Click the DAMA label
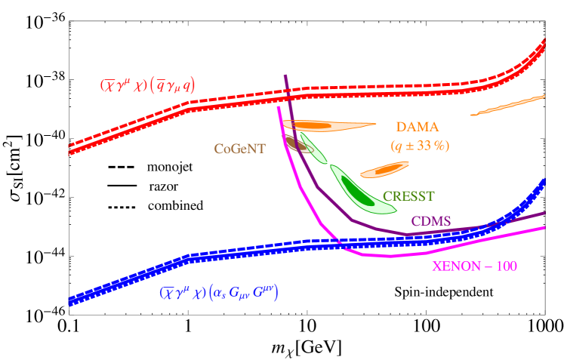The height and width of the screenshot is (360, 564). click(x=416, y=127)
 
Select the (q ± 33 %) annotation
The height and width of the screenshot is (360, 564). click(x=419, y=145)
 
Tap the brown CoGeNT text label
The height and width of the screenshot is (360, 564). click(x=239, y=149)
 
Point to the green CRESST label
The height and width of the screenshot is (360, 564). click(x=408, y=196)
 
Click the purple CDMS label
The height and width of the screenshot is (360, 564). click(x=431, y=221)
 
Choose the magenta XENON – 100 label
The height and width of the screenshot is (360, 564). click(x=474, y=266)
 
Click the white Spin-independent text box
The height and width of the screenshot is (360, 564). click(x=444, y=291)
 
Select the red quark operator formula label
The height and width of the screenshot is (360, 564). click(x=147, y=85)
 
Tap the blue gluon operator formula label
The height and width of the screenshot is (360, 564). click(x=218, y=293)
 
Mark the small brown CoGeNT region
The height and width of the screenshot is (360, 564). click(x=297, y=143)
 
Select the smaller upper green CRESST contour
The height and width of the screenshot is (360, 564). click(x=312, y=148)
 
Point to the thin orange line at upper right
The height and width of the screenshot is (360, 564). click(x=507, y=105)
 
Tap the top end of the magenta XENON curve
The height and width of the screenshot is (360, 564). click(x=278, y=107)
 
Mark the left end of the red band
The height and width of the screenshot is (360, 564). click(x=70, y=148)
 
